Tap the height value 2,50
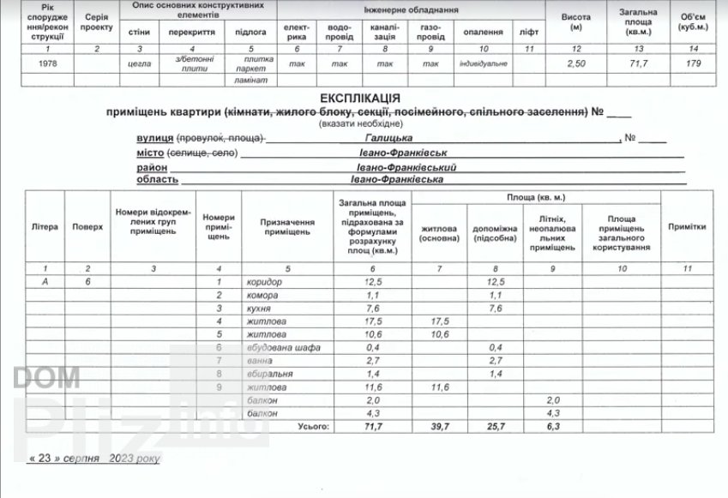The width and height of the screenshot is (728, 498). pyautogui.click(x=579, y=64)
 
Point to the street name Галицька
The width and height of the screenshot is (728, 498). pyautogui.click(x=388, y=138)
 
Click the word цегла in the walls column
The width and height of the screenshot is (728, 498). pyautogui.click(x=140, y=64)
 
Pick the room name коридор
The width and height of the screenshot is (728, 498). pyautogui.click(x=263, y=282)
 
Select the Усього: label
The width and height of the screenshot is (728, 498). pyautogui.click(x=312, y=425)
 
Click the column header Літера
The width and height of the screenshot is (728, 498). pyautogui.click(x=44, y=227)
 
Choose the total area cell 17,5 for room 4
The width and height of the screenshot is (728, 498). pyautogui.click(x=372, y=321)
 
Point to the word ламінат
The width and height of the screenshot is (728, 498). pyautogui.click(x=250, y=80)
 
